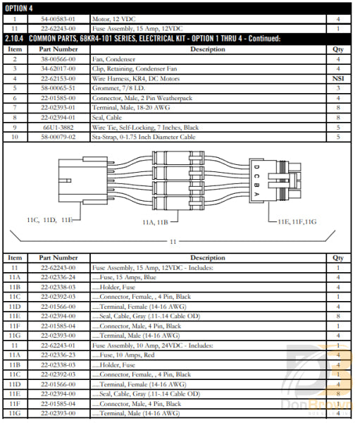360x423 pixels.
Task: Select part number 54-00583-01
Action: click(58, 19)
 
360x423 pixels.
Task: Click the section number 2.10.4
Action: click(15, 38)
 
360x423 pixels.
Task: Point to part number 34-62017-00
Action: click(58, 69)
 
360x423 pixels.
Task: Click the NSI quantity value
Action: click(338, 79)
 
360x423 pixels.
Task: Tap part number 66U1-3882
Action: click(58, 128)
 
